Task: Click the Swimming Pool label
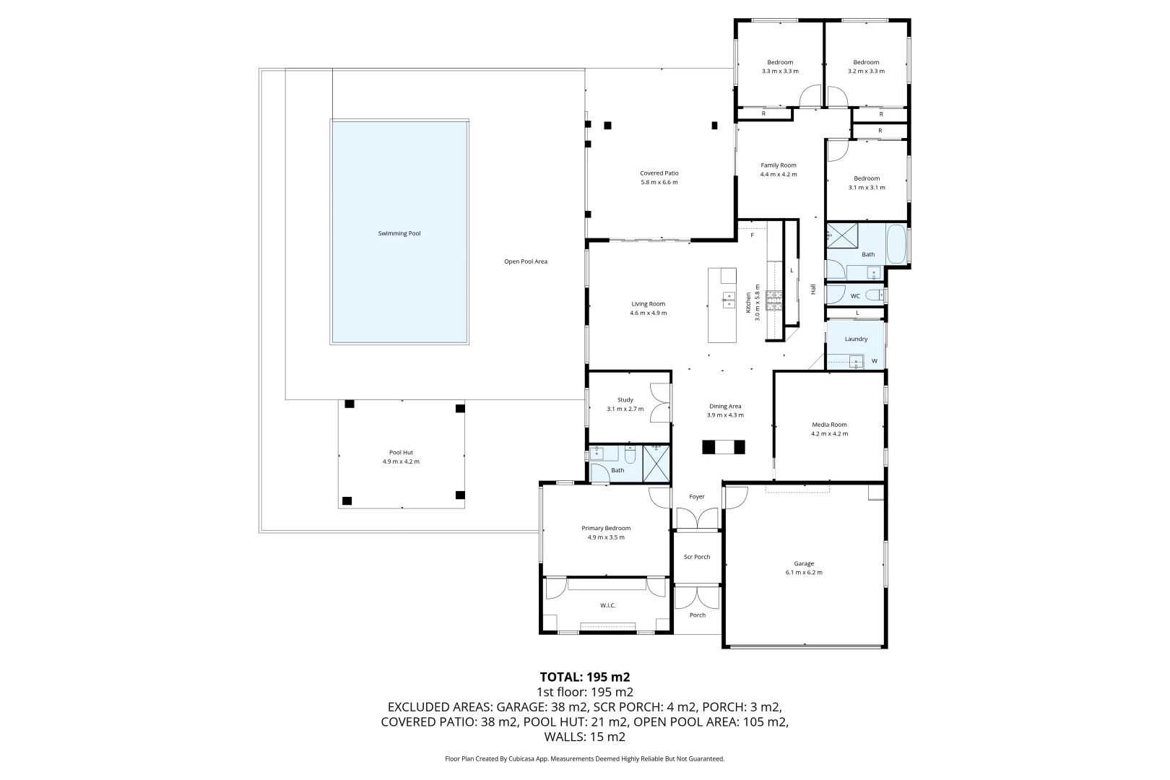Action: pos(399,233)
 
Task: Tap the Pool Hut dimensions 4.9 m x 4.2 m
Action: pos(401,461)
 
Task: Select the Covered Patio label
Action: pos(659,173)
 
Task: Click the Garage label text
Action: pos(804,563)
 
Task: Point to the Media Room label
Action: pos(829,425)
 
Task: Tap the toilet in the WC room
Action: pos(875,295)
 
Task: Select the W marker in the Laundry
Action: pos(874,361)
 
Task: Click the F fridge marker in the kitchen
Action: pos(752,235)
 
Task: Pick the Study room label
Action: pos(625,400)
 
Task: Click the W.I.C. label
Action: pos(607,605)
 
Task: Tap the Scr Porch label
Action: pos(697,557)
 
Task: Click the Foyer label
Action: pos(696,497)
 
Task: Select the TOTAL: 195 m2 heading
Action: pos(585,677)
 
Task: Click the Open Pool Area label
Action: pos(525,261)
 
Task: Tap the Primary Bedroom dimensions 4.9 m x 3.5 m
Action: pos(606,537)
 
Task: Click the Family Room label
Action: pos(778,165)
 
